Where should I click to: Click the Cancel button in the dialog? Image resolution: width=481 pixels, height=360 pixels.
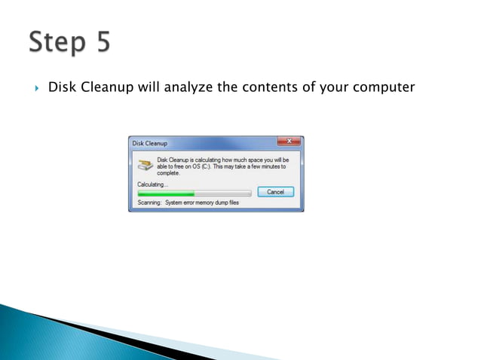click(x=275, y=192)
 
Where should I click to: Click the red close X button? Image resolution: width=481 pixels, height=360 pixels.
click(x=289, y=141)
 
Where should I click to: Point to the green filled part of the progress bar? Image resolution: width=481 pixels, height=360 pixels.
click(x=166, y=194)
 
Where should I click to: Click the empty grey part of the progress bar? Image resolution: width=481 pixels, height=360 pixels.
click(x=222, y=194)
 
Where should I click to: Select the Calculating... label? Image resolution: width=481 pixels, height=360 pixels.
click(x=152, y=184)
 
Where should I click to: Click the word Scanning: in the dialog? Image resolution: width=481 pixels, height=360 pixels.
click(x=149, y=203)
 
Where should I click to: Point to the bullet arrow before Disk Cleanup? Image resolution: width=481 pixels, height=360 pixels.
click(x=35, y=87)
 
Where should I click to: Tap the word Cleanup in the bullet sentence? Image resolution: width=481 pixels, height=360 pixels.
click(x=106, y=87)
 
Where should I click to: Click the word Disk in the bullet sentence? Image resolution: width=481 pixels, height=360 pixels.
click(x=61, y=87)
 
